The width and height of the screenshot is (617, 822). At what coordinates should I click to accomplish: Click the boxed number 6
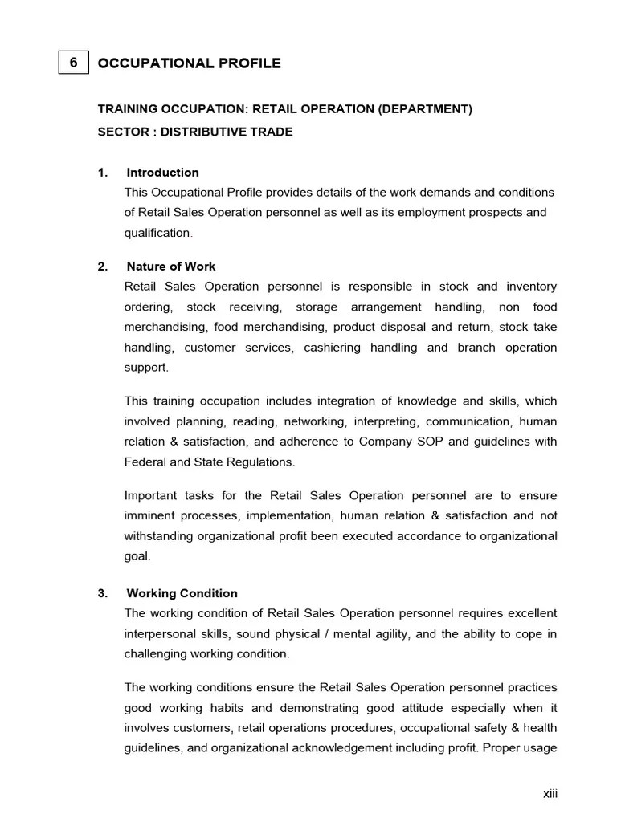tap(73, 63)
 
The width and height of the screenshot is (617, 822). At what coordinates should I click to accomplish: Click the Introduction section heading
tap(162, 173)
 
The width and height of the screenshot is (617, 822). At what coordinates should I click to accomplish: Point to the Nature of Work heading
tap(171, 267)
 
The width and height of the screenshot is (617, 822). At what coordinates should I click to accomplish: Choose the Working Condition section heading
tap(182, 594)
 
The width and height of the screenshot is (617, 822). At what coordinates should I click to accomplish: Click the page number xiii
tap(550, 794)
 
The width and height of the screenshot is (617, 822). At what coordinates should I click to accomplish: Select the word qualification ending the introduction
tap(157, 233)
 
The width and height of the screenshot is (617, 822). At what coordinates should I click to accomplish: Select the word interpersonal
tap(161, 633)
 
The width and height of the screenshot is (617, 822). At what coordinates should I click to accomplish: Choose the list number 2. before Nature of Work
tap(103, 267)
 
